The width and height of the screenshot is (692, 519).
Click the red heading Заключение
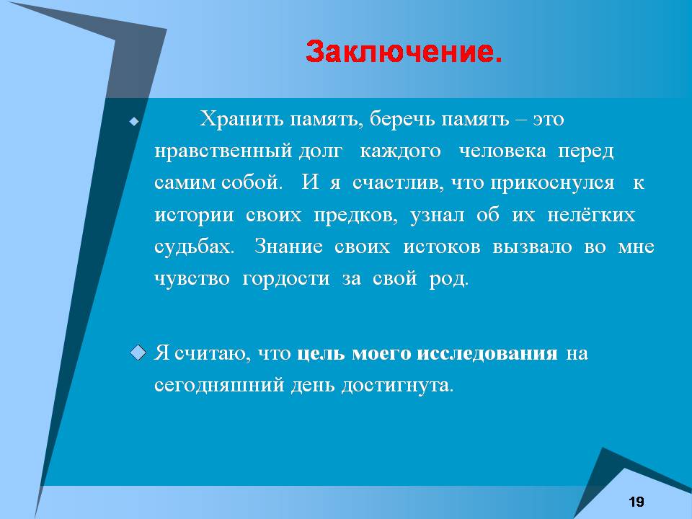(404, 52)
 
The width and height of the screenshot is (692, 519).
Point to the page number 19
(636, 502)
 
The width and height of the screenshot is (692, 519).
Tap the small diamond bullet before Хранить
(134, 121)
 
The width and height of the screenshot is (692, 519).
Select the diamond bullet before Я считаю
(138, 353)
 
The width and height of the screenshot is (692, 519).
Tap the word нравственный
(223, 151)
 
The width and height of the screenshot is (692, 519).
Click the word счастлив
(398, 183)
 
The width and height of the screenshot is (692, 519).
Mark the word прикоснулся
(552, 183)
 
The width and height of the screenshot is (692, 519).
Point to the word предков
(355, 215)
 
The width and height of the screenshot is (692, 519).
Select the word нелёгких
(591, 215)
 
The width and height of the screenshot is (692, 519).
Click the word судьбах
(194, 247)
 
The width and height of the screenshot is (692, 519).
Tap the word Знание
(288, 247)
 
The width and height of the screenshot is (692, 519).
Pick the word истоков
(442, 247)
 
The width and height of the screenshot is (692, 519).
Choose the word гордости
(286, 278)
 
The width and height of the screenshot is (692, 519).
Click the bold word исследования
(487, 354)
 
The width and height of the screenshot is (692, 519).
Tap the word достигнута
(397, 385)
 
